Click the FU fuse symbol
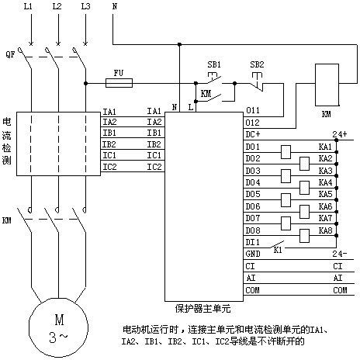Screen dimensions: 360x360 coord(119,83)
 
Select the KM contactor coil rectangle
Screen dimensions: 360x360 coord(327,85)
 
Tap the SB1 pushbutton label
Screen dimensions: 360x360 coord(214,64)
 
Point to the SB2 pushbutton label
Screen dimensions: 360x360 coord(257,64)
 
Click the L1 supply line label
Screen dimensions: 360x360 coord(28,6)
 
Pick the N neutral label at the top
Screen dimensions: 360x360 coord(115,6)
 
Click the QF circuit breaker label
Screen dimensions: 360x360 coord(10,54)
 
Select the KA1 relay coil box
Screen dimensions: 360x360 coord(286,152)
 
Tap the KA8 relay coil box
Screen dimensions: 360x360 coord(304,236)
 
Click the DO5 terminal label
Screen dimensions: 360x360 coord(253,194)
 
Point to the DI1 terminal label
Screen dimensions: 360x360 coord(252,242)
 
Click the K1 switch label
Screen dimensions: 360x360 coord(278,250)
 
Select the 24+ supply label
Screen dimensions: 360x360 coord(340,134)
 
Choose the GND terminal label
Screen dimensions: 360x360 coord(253,254)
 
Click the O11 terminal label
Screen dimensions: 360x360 coord(252,110)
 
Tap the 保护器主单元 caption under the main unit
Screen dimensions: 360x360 coord(202,309)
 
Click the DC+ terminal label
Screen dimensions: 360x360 coord(253,134)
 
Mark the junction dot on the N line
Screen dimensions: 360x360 coord(179,44)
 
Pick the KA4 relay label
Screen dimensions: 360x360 coord(325,182)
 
